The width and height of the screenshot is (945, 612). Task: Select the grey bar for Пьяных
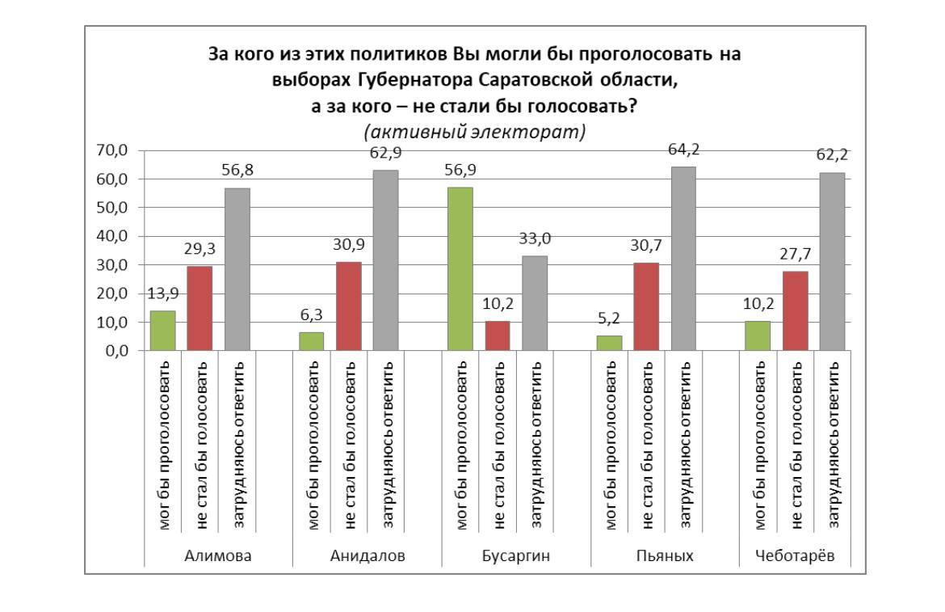pos(683,259)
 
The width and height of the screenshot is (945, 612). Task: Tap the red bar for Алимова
pos(199,308)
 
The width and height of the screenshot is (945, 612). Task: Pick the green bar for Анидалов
pos(311,341)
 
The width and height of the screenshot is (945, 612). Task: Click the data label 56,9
pos(460,170)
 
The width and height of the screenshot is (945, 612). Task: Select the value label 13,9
pos(162,293)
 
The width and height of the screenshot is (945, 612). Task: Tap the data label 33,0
pos(534,238)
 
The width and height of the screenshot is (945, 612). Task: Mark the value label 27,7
pos(795,254)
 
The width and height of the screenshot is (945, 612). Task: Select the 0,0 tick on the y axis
pos(114,351)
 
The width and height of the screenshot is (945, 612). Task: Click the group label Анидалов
pos(367,555)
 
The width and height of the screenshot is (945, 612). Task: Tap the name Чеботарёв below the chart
pos(795,555)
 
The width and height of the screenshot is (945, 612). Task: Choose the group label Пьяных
pos(665,555)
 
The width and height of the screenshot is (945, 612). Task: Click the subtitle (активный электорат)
pos(474,131)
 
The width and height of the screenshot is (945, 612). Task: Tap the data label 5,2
pos(609,319)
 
